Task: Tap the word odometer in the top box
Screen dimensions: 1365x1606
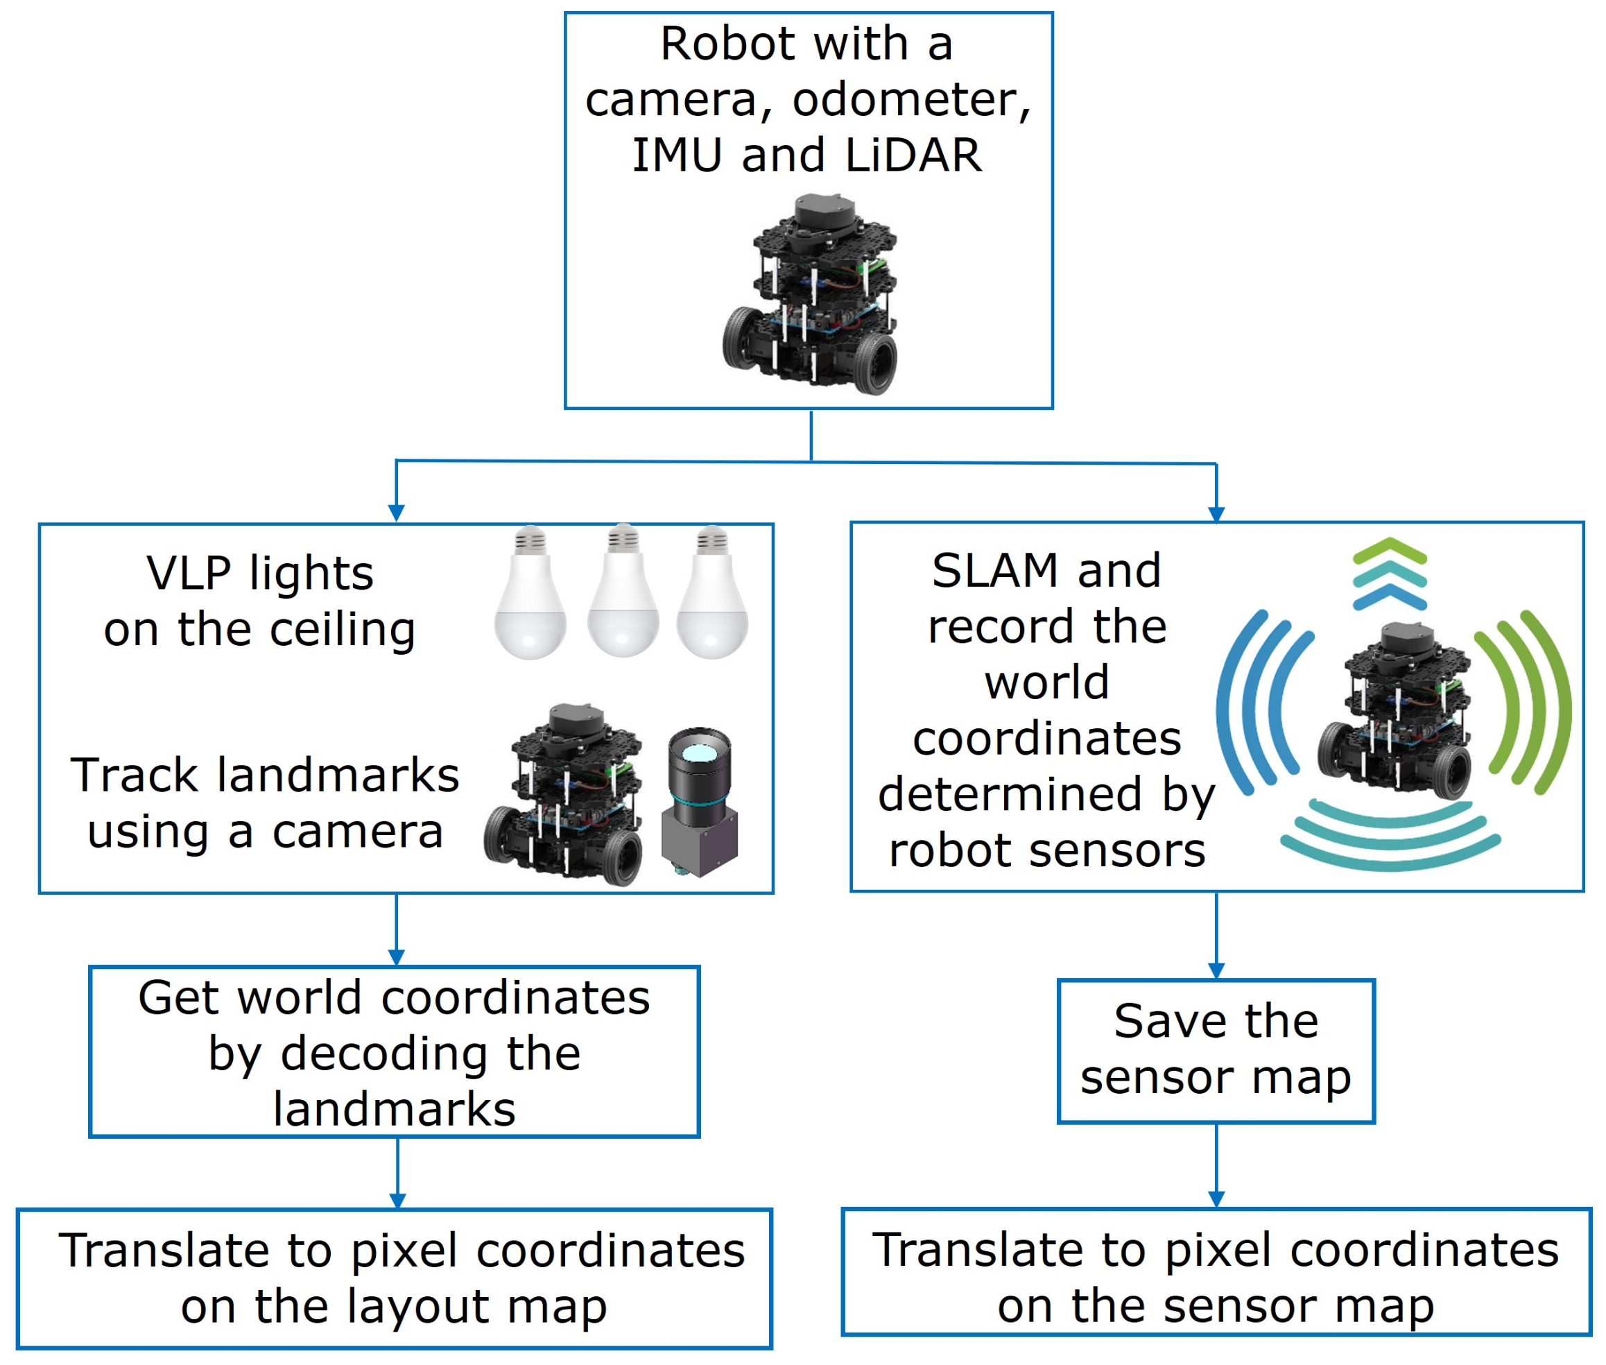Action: pyautogui.click(x=910, y=100)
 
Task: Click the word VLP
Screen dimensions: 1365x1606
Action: pyautogui.click(x=188, y=574)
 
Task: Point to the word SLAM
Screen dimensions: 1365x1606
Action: pyautogui.click(x=995, y=571)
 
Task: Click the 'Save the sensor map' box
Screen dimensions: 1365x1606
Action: pyautogui.click(x=1216, y=1051)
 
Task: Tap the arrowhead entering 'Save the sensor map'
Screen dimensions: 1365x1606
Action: pyautogui.click(x=1216, y=971)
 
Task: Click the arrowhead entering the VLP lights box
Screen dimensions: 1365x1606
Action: pyautogui.click(x=396, y=514)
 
